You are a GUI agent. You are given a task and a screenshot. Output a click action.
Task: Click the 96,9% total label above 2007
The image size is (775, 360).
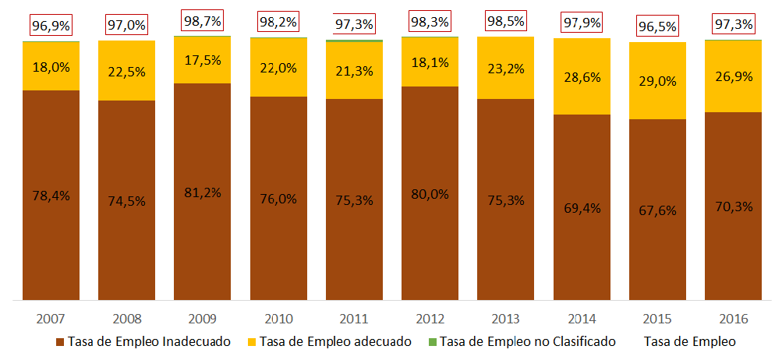click(51, 26)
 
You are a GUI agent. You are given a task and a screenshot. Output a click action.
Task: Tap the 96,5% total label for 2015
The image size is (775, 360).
click(657, 26)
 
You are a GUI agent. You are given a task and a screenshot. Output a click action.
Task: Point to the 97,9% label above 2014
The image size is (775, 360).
click(582, 24)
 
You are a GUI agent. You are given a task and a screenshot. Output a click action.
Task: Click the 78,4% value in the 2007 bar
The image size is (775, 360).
click(51, 196)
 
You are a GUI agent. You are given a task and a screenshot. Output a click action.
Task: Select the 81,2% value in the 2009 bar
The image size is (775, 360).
click(202, 192)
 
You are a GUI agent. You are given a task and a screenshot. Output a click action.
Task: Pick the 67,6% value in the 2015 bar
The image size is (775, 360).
click(657, 210)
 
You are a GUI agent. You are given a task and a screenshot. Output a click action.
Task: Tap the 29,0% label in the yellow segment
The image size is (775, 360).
click(657, 81)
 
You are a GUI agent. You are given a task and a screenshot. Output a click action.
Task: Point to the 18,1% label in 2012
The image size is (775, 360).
click(430, 62)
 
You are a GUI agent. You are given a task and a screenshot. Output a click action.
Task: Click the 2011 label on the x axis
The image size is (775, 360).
click(354, 319)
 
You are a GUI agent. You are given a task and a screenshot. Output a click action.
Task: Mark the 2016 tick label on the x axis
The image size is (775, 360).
click(733, 319)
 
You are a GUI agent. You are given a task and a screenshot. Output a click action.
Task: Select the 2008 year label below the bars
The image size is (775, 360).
click(126, 319)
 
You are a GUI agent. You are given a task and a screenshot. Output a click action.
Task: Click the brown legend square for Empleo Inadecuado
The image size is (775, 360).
click(61, 341)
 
